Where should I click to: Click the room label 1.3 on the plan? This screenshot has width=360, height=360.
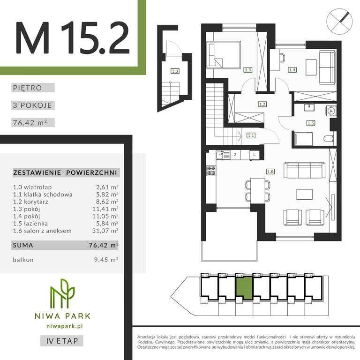point(247,69)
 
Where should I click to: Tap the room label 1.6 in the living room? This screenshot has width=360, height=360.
point(270,172)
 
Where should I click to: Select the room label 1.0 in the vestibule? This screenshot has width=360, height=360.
point(175,71)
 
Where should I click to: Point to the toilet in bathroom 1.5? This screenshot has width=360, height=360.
point(328,139)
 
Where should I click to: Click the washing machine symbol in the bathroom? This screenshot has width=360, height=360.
point(331,111)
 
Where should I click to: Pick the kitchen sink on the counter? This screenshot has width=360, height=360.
point(219,155)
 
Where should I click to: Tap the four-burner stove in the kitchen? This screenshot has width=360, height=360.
point(211,171)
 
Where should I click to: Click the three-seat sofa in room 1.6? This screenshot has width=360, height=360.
point(304,170)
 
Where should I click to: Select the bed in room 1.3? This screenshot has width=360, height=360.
point(224,55)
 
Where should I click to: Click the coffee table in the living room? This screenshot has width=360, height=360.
point(304,195)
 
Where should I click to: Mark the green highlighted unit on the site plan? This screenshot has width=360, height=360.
point(244,288)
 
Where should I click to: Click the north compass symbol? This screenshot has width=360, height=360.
point(339,22)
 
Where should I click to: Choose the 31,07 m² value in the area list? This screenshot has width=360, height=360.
point(105,231)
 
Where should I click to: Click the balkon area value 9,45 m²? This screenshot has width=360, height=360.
point(106,260)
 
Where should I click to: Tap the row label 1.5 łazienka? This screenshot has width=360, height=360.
point(30,224)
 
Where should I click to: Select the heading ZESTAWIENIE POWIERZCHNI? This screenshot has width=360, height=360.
point(65,172)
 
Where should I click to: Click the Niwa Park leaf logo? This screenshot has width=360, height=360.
point(62,293)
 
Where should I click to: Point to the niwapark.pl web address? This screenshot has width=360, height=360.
point(65,326)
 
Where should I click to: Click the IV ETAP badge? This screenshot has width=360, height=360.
point(62,341)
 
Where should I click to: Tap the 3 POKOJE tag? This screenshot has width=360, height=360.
point(33,105)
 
